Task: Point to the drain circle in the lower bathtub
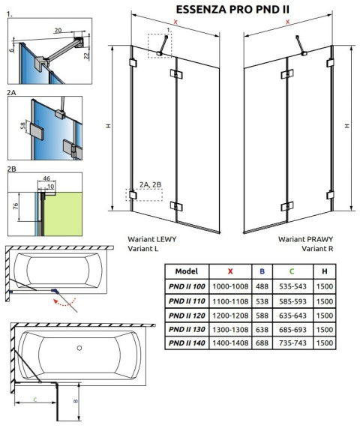81,347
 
